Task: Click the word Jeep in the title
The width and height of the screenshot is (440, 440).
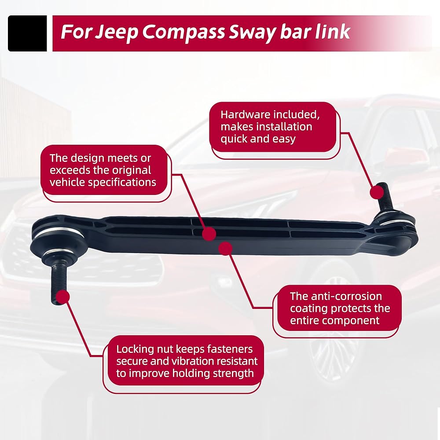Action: click(x=117, y=32)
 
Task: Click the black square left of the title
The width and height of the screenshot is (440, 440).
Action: click(x=27, y=33)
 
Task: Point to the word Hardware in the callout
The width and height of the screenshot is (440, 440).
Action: click(x=245, y=114)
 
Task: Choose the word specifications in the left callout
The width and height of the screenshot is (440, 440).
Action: click(x=122, y=183)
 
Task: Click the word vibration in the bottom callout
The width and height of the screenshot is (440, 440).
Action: click(x=193, y=361)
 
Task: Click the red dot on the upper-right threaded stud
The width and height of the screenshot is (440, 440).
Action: click(x=377, y=193)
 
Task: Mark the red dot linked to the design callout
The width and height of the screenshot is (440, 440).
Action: click(x=209, y=234)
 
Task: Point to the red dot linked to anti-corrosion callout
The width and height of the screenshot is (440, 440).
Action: click(x=225, y=248)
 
